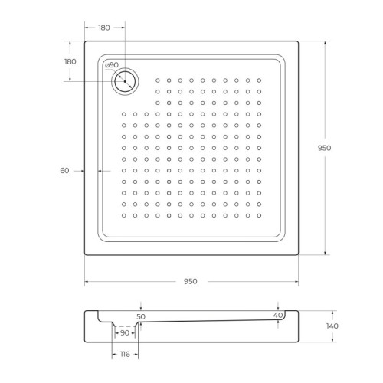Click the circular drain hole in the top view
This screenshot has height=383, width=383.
(123, 80)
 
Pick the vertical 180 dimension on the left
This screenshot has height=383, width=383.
(70, 61)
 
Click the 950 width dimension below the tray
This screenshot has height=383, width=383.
(191, 281)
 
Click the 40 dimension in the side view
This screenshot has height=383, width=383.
(278, 314)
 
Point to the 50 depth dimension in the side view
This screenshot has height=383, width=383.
(140, 316)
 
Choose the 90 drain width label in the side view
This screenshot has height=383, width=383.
(125, 333)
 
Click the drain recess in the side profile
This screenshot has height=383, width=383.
(125, 325)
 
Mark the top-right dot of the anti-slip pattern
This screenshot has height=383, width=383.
(260, 80)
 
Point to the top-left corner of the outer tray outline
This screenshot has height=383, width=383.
(84, 41)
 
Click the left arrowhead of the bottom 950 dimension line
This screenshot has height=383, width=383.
(86, 281)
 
